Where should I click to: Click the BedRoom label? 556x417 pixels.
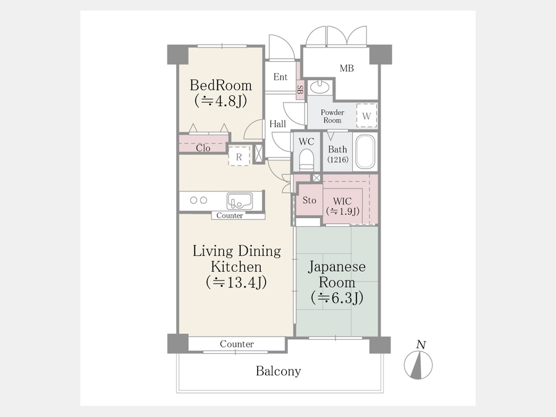coord(221,85)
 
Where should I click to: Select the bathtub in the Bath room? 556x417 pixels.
coord(365,152)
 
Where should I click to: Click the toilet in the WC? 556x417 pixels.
coord(306,159)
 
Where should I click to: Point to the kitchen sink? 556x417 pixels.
coord(240,201)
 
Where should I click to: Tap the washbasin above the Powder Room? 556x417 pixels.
coord(320,86)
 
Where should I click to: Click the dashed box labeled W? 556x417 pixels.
coord(366,116)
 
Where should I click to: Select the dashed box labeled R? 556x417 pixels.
coord(239,156)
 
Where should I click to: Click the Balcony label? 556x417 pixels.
coord(279,371)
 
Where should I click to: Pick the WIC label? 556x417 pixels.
coord(342,201)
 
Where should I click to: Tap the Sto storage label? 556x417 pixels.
coord(310,200)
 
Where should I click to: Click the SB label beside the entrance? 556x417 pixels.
coord(300,90)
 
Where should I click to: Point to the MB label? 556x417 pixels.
coord(347,68)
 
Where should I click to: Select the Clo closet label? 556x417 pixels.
coord(203,148)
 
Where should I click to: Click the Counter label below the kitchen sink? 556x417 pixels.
coord(230,216)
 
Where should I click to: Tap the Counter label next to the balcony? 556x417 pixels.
coord(237,344)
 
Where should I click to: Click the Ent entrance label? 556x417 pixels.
coord(280,77)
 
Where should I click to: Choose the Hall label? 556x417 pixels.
coord(277,124)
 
